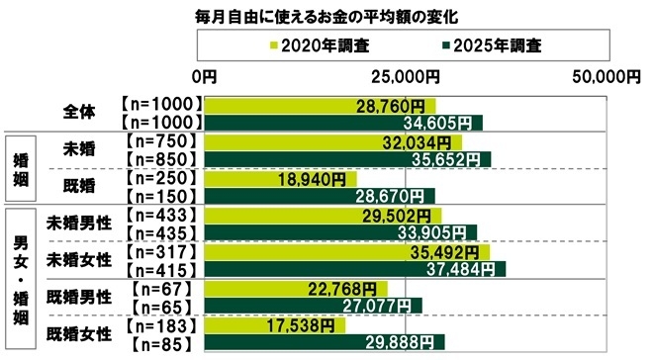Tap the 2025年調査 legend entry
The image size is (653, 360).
[x=491, y=45]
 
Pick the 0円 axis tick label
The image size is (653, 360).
[x=205, y=76]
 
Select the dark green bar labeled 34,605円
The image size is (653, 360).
[x=341, y=122]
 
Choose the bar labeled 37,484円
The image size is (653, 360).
[x=354, y=269]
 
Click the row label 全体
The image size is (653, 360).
[x=79, y=112]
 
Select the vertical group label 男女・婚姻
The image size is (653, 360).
[x=20, y=278]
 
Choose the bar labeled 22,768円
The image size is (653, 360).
[x=295, y=288]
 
